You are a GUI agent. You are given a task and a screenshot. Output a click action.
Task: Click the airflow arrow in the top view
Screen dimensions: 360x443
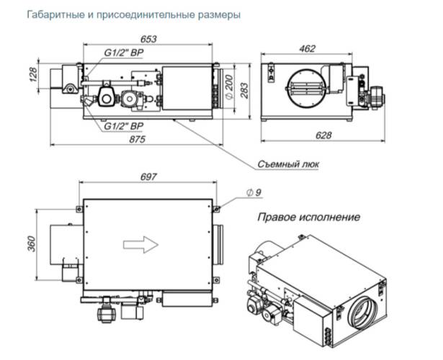(x=141, y=245)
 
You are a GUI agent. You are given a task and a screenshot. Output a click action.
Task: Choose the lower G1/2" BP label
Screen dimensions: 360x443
(x=122, y=125)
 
